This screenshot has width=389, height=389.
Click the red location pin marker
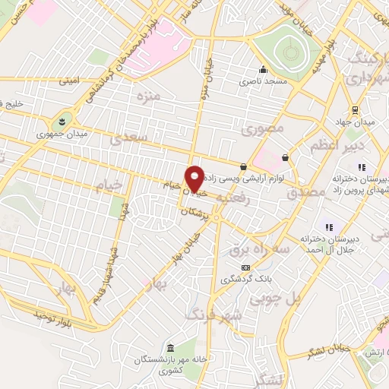(195, 179)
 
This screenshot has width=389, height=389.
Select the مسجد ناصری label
(264, 81)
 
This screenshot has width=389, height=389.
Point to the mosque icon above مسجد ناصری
(263, 69)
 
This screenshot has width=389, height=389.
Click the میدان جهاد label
(356, 122)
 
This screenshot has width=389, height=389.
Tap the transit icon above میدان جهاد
(356, 109)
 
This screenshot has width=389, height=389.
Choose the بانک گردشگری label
(245, 280)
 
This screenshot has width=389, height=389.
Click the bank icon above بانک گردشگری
(245, 267)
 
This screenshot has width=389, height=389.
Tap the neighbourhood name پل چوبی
(303, 299)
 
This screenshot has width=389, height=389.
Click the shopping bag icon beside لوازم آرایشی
(243, 167)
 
